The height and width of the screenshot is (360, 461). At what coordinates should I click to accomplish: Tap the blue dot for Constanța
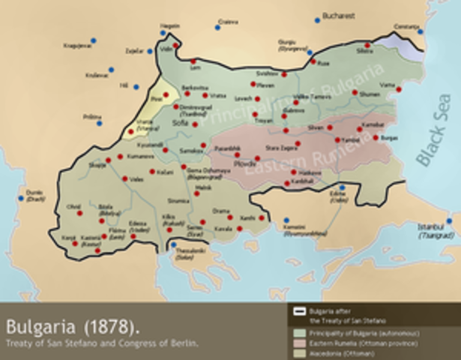[420, 31]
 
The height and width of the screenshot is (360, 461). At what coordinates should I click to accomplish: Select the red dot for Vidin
[175, 46]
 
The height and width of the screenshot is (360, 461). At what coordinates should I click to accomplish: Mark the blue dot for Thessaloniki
[173, 244]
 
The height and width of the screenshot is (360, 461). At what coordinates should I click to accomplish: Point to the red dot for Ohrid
[79, 214]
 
